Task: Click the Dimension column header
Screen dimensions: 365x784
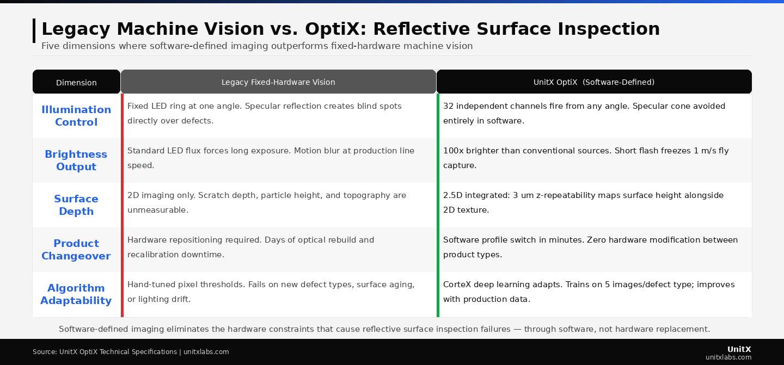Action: (x=76, y=83)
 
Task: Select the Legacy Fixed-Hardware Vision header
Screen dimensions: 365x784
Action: (x=278, y=82)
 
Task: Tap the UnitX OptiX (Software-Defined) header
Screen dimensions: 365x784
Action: (x=594, y=82)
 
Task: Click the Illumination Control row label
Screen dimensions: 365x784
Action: (x=76, y=116)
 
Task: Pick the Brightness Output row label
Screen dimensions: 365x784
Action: (x=76, y=160)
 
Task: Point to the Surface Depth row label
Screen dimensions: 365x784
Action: (x=76, y=205)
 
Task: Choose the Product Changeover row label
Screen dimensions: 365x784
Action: (x=76, y=250)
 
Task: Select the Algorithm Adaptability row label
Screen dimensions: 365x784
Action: (x=76, y=294)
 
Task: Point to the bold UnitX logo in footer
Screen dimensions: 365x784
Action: (x=739, y=349)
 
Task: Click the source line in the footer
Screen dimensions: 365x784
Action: (x=131, y=352)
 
